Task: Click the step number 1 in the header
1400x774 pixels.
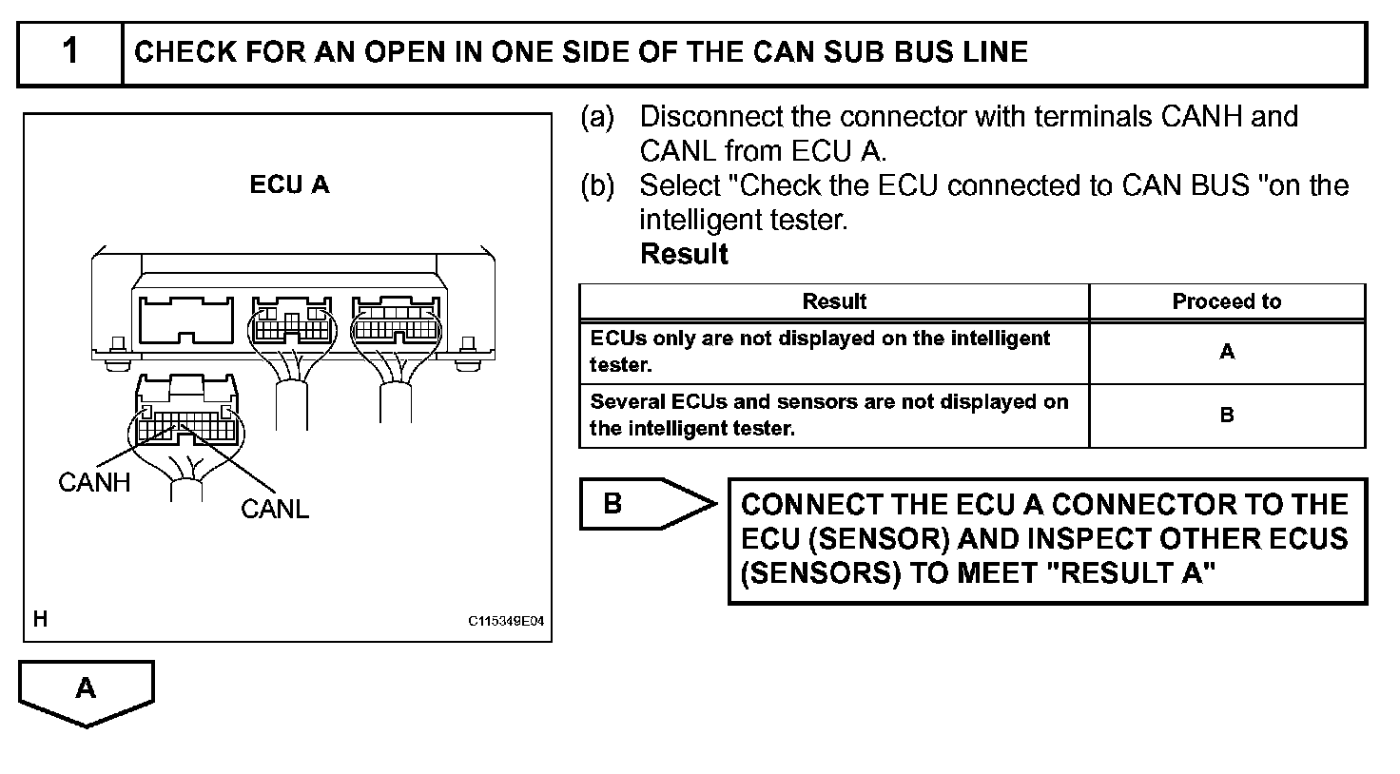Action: click(70, 51)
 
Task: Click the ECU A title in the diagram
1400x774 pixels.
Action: click(289, 184)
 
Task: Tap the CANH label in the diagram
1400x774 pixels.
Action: click(94, 483)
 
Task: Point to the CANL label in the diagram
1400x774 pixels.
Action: click(275, 510)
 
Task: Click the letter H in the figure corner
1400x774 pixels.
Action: click(40, 620)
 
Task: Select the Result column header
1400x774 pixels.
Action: click(834, 302)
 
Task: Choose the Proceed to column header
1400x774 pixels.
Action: click(1226, 302)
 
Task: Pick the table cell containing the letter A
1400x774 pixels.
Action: click(1226, 353)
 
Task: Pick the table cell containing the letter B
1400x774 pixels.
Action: click(1226, 416)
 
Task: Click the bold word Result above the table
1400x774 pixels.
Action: click(684, 255)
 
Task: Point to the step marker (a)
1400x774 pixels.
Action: click(597, 117)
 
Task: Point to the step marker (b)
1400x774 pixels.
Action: click(597, 185)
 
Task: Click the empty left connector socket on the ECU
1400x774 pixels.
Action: click(186, 320)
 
